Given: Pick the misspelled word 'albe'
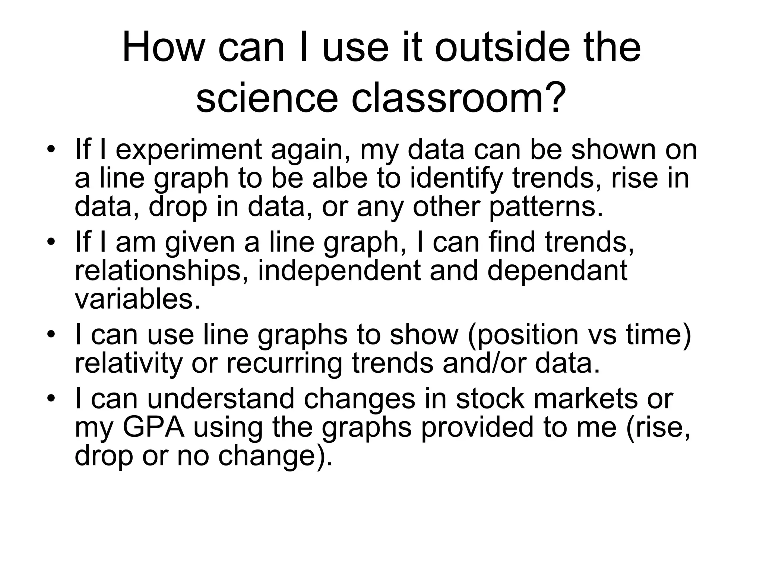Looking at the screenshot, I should click(340, 178).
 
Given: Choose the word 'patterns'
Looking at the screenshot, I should click(545, 207).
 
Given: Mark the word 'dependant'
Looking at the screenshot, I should click(557, 271).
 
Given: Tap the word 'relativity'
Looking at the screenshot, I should click(129, 363).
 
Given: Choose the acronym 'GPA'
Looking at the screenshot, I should click(153, 427).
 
